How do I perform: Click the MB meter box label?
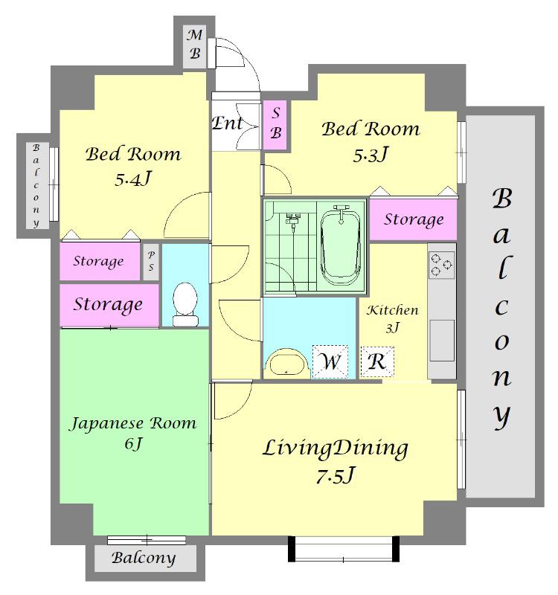(195, 45)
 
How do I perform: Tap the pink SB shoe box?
(276, 125)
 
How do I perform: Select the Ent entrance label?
(227, 123)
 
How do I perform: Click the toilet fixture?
(185, 304)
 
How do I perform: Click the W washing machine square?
(330, 361)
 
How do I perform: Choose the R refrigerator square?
(377, 361)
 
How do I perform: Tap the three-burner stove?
(442, 264)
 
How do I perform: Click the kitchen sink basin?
(442, 341)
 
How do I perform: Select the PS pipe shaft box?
(151, 262)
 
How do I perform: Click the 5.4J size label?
(133, 178)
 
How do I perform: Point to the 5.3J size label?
(371, 154)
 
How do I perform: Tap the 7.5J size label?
(336, 475)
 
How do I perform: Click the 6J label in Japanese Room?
(133, 443)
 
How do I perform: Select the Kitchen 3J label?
(393, 318)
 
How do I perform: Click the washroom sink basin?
(286, 364)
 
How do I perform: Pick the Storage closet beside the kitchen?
(414, 219)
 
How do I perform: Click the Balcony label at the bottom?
(144, 558)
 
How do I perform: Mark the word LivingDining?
(336, 448)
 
